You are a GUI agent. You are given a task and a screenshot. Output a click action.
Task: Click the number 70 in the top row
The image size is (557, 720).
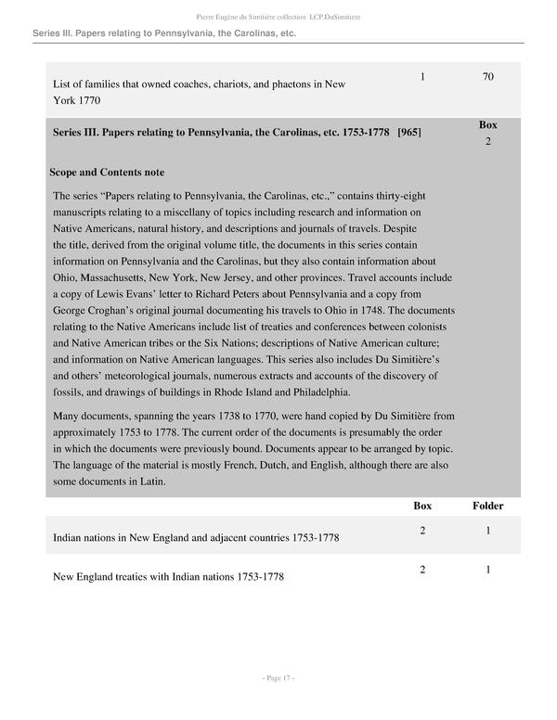point(487,76)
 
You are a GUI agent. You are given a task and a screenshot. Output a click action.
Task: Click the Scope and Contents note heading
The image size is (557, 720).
point(107,172)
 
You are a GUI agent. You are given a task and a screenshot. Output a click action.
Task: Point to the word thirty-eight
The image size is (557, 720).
point(401,196)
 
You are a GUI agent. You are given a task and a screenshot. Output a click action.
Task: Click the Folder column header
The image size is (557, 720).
point(487,506)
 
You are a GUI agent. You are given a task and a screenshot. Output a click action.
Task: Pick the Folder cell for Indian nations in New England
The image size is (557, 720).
point(487,530)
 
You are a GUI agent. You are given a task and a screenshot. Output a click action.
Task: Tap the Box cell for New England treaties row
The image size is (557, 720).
point(422,569)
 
